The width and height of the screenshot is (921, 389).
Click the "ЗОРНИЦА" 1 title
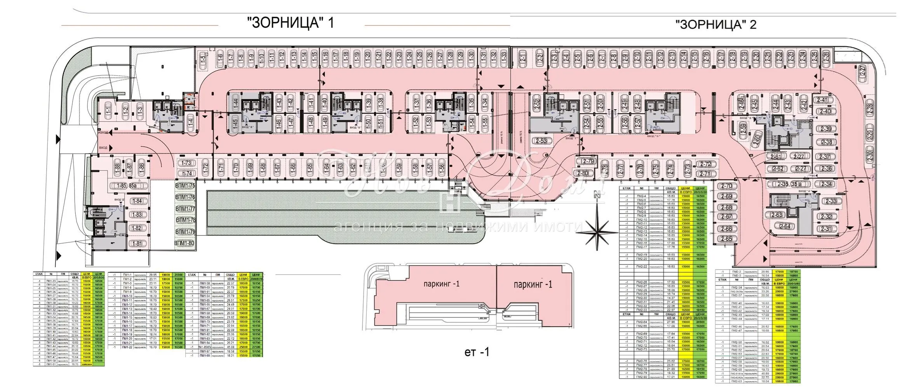[291, 23]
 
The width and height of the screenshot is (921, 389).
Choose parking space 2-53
[541, 141]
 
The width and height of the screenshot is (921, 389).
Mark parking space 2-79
[588, 161]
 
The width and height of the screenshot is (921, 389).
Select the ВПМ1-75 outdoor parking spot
[185, 186]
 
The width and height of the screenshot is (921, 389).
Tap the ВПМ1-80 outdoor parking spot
[184, 244]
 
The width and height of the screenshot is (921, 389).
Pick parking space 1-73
[187, 163]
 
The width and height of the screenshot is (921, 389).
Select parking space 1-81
[137, 244]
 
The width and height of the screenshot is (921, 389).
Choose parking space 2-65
[726, 239]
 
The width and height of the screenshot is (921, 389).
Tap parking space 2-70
[726, 186]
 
